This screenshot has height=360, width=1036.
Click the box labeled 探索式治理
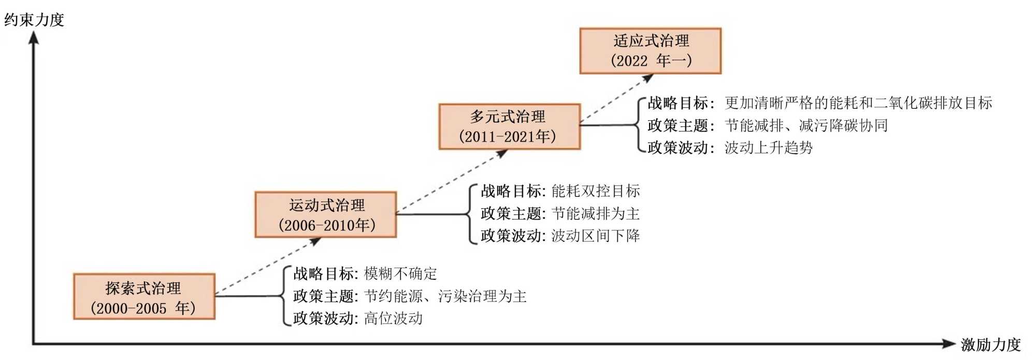(x=144, y=297)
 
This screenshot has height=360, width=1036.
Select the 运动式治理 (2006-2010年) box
(x=326, y=215)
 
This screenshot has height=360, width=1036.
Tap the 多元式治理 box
(x=509, y=126)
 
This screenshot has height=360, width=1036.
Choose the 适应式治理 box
(x=650, y=51)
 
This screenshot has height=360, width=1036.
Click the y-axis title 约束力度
(x=34, y=20)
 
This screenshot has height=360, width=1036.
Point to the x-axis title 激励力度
(x=990, y=344)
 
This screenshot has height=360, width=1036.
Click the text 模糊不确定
(x=400, y=273)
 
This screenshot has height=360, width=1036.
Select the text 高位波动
(x=393, y=318)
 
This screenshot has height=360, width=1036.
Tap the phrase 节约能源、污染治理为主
(x=445, y=296)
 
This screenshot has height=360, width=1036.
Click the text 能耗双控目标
(x=596, y=191)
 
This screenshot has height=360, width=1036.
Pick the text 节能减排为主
(x=596, y=213)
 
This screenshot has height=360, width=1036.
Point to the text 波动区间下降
(x=596, y=236)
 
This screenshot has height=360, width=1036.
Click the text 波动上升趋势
(x=769, y=148)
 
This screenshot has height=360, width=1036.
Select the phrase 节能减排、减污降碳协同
(x=807, y=125)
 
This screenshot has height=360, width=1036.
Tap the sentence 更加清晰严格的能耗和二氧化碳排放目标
(x=858, y=103)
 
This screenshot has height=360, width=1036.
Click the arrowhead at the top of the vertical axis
(x=34, y=37)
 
